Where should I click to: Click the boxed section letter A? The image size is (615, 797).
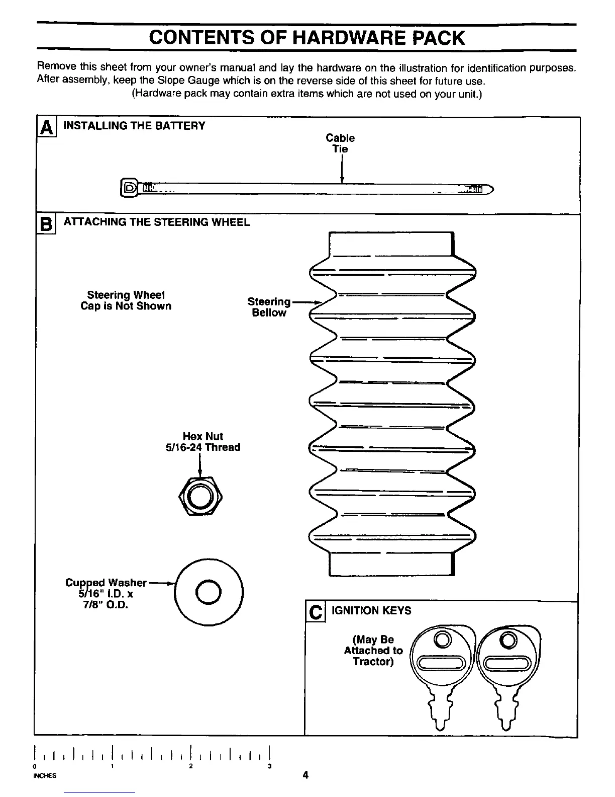tap(47, 128)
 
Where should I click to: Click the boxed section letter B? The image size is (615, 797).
tap(46, 224)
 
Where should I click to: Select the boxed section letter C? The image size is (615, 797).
tap(316, 612)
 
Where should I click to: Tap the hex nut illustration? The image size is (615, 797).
tap(200, 496)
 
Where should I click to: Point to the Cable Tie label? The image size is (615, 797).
tap(340, 143)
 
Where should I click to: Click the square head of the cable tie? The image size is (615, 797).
tap(129, 189)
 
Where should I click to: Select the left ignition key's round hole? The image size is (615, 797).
tap(443, 640)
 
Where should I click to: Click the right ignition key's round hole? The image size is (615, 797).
tap(508, 640)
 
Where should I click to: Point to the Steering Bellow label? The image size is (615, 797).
tap(269, 307)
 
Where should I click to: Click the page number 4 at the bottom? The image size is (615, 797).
tap(305, 775)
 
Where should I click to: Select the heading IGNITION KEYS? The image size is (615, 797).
tap(371, 611)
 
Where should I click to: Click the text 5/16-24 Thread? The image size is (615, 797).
tap(202, 447)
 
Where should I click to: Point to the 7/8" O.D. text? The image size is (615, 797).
tap(106, 604)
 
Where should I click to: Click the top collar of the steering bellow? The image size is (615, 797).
tap(391, 245)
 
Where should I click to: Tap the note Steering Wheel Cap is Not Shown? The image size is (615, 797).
tap(126, 300)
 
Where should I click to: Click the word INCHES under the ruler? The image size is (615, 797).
tap(45, 775)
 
